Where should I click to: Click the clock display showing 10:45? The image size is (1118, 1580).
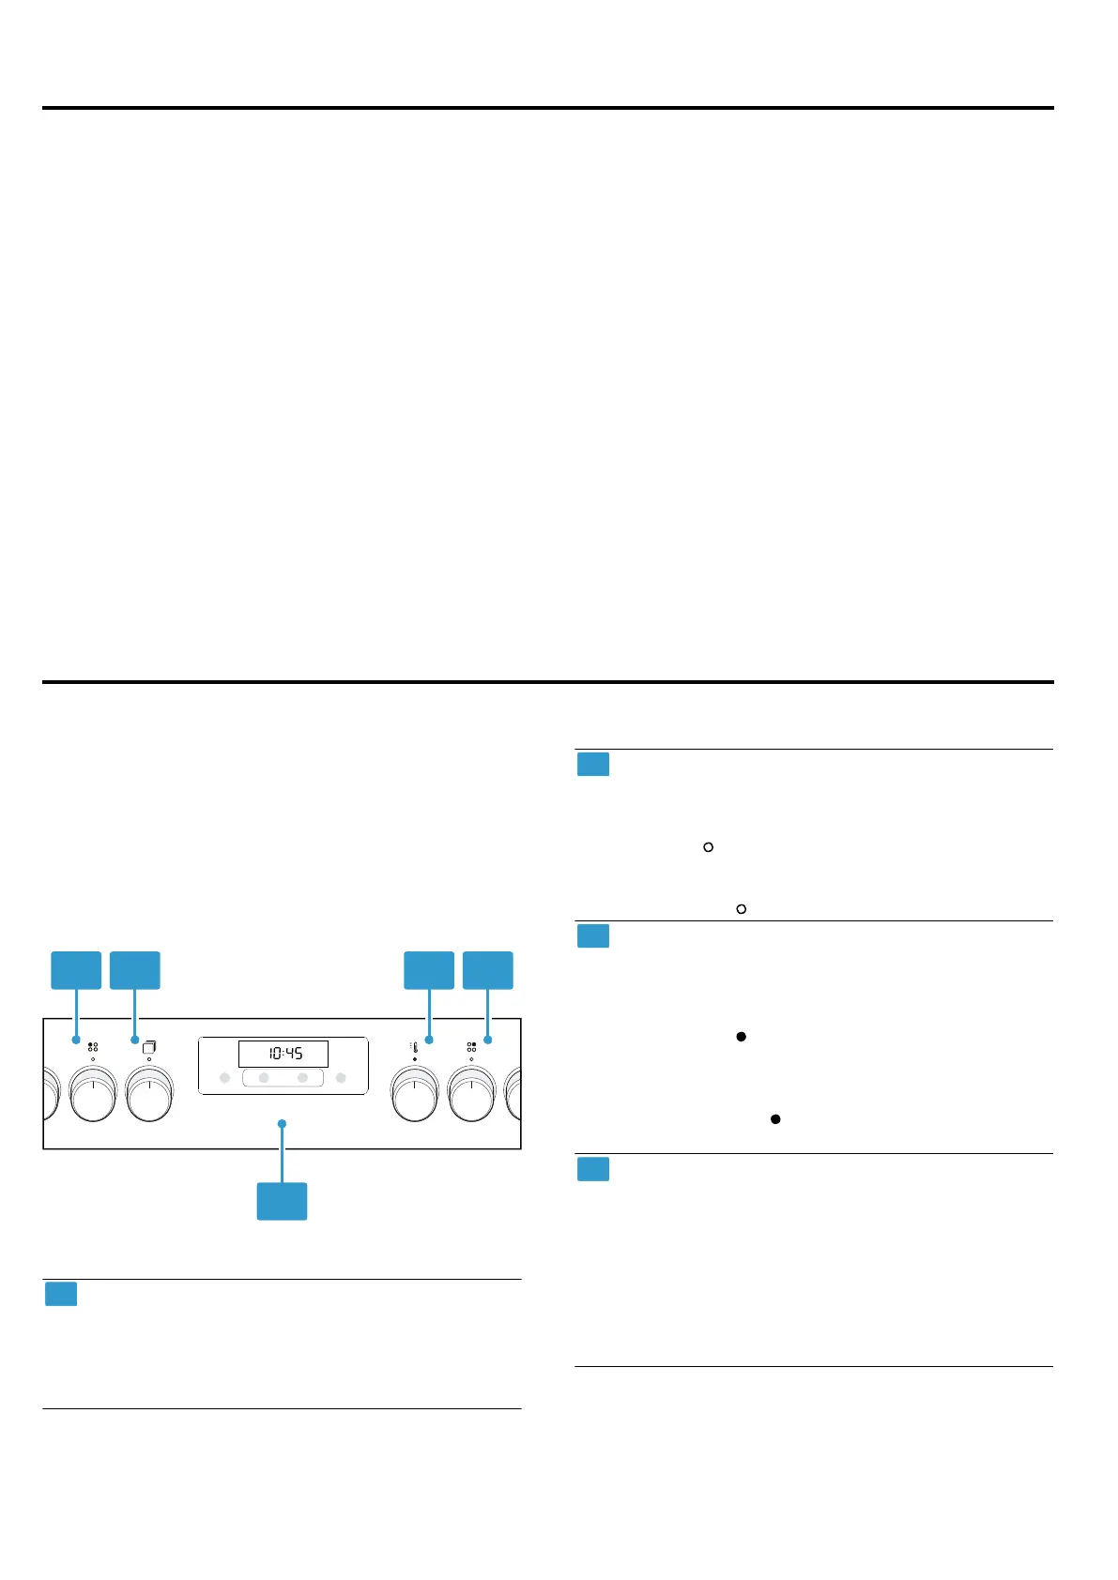coord(283,1053)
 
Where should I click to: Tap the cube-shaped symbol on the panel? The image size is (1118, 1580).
coord(149,1046)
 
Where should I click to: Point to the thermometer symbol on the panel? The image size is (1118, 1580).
coord(414,1046)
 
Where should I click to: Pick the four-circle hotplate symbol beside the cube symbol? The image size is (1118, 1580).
coord(93,1046)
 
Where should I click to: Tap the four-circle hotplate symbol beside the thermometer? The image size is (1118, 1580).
coord(471,1046)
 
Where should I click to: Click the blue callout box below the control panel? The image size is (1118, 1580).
coord(282,1201)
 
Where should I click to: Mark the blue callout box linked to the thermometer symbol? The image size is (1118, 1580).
coord(429,970)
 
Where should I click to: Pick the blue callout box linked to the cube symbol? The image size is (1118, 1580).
coord(135,970)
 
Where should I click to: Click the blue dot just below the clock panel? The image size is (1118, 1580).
coord(282,1123)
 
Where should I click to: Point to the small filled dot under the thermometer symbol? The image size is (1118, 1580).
coord(414,1059)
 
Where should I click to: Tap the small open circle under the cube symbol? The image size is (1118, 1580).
coord(149,1059)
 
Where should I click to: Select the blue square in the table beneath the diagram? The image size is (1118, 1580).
coord(61,1295)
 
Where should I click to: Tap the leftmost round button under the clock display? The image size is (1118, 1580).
coord(224,1078)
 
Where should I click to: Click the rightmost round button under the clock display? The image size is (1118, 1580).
coord(341,1078)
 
